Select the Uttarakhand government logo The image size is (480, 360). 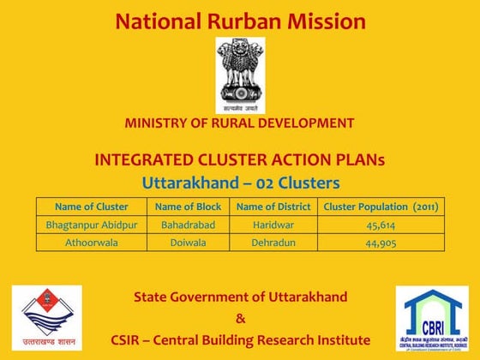tap(46, 318)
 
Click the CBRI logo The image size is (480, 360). tap(432, 318)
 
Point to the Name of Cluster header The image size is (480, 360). tap(91, 207)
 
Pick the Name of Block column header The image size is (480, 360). tap(188, 207)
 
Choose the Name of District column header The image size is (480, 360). tap(273, 207)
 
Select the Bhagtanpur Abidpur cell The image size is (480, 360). tap(91, 225)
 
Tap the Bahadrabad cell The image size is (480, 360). tap(188, 225)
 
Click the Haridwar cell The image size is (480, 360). tap(273, 225)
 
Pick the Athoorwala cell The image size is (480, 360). tap(91, 242)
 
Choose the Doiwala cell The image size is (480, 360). tap(188, 242)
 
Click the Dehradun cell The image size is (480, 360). tap(273, 242)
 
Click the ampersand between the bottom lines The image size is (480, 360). tap(240, 318)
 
